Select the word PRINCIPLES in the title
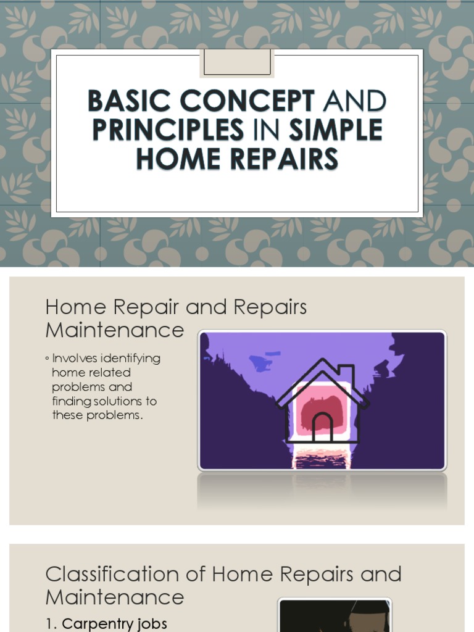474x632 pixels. (168, 130)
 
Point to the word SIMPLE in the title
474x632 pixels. (336, 130)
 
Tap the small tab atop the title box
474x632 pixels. (237, 63)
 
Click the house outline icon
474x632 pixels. (322, 401)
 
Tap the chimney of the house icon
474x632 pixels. (347, 374)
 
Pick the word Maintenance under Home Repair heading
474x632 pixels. (114, 330)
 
